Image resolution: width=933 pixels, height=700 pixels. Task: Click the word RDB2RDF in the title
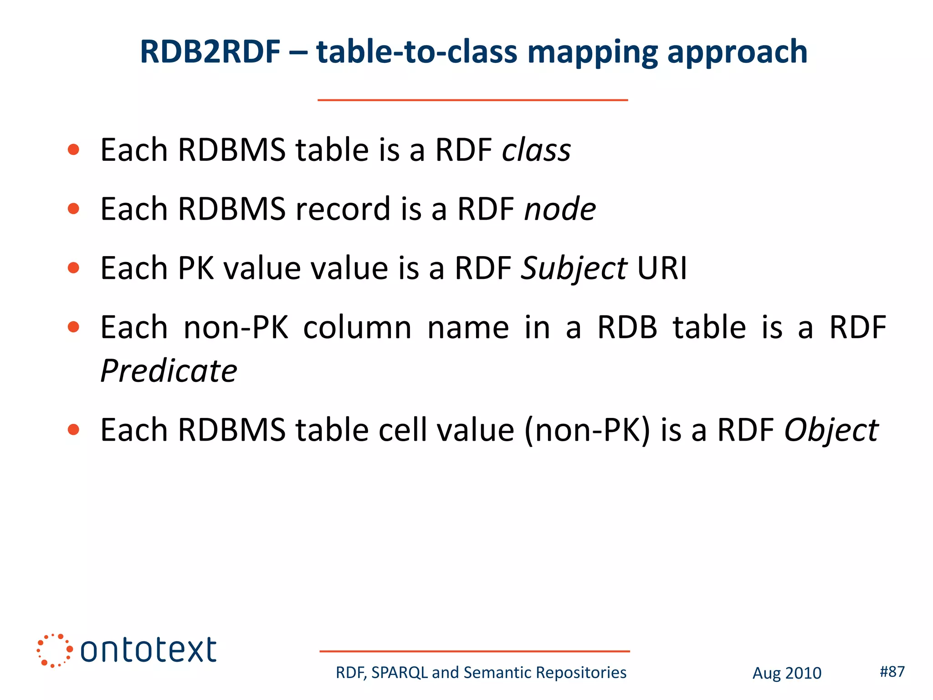[210, 51]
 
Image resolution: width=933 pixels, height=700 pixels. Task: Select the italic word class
[536, 150]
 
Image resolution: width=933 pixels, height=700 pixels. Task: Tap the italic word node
[560, 209]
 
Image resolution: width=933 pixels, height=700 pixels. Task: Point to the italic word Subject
[574, 269]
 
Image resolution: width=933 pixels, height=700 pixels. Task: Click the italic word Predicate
[169, 371]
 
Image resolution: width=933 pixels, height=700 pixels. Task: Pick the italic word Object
[831, 431]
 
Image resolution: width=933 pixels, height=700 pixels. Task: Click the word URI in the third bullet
[662, 268]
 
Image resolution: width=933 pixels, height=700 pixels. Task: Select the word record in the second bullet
[343, 209]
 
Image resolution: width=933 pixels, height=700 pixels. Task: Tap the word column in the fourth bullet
[357, 328]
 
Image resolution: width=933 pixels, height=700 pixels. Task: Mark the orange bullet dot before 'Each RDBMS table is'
[73, 150]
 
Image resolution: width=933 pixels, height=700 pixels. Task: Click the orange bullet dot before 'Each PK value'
[73, 268]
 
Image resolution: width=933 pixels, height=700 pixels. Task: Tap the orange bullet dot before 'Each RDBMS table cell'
[73, 430]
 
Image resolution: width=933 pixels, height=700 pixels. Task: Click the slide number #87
[892, 671]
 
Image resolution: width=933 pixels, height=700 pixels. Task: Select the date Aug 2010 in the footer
[787, 673]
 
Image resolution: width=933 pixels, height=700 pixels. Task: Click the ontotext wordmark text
[148, 650]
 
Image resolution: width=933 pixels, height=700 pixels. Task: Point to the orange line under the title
[472, 100]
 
